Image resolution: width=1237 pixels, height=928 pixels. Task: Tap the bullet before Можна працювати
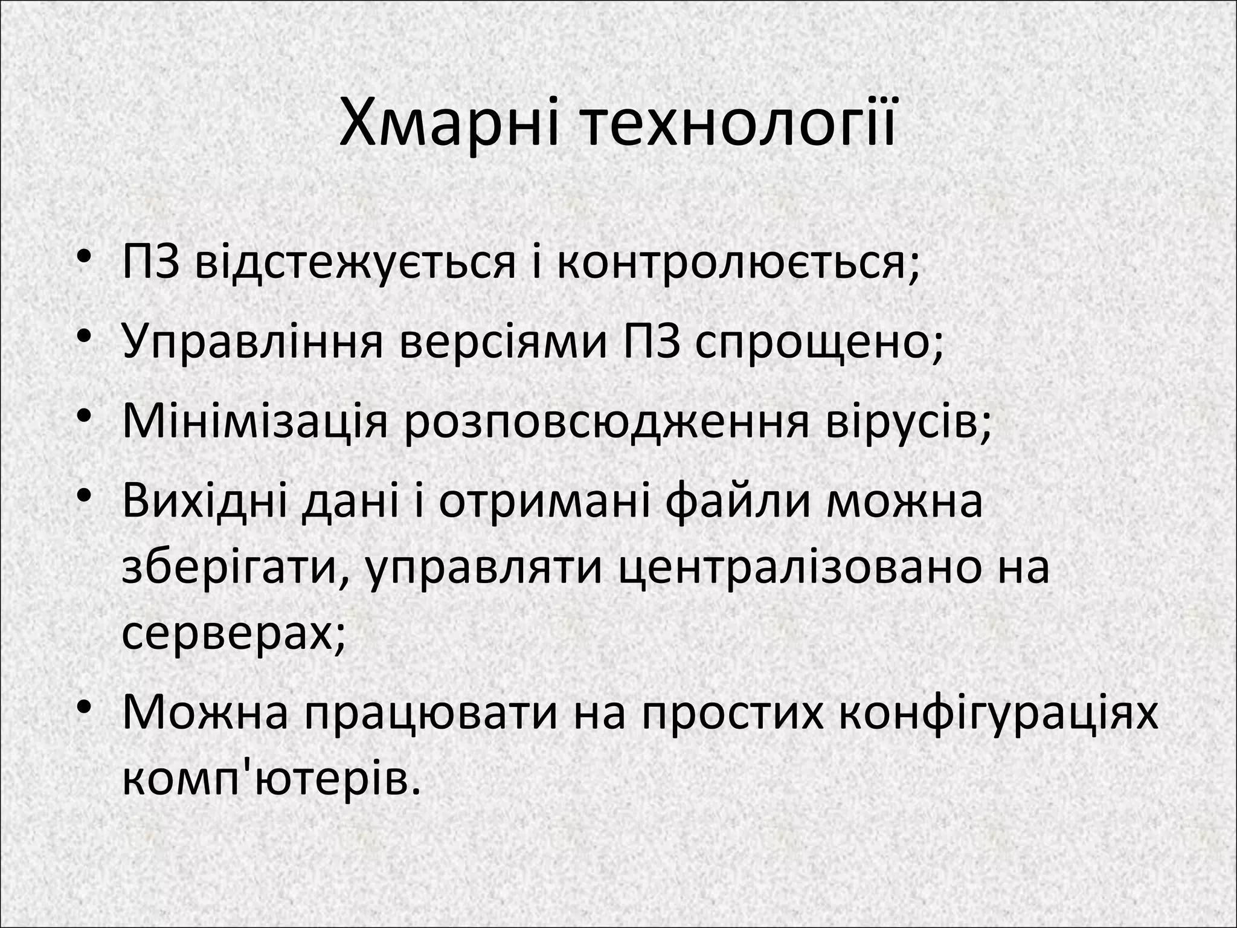click(85, 707)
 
